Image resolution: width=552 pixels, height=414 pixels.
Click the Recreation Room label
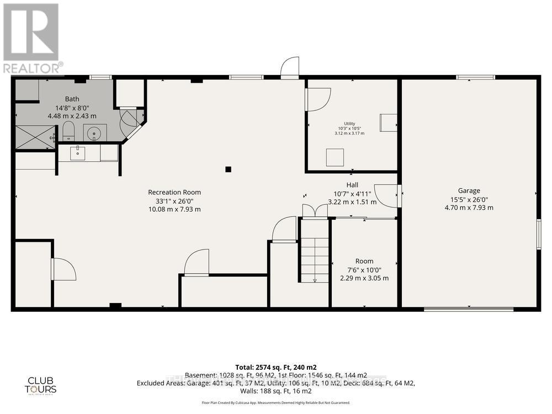[174, 192]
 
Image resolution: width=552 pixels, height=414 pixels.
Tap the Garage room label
[469, 190]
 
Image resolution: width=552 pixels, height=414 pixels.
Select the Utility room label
[349, 124]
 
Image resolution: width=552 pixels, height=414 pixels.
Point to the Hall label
[352, 185]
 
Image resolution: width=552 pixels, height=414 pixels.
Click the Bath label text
[72, 99]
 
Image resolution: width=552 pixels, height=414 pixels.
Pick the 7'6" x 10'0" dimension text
[364, 270]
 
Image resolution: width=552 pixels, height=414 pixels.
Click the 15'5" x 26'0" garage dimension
[469, 199]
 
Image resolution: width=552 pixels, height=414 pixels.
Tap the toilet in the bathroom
[68, 131]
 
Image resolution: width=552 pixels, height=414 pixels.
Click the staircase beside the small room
[315, 259]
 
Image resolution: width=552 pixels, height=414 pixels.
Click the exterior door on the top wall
[290, 68]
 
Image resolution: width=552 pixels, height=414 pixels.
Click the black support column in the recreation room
[228, 169]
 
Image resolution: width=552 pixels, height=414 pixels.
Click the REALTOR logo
[31, 38]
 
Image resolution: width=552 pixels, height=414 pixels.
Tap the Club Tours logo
[42, 385]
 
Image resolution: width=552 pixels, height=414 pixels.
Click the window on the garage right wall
[539, 234]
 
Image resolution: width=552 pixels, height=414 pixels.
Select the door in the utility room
[318, 99]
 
